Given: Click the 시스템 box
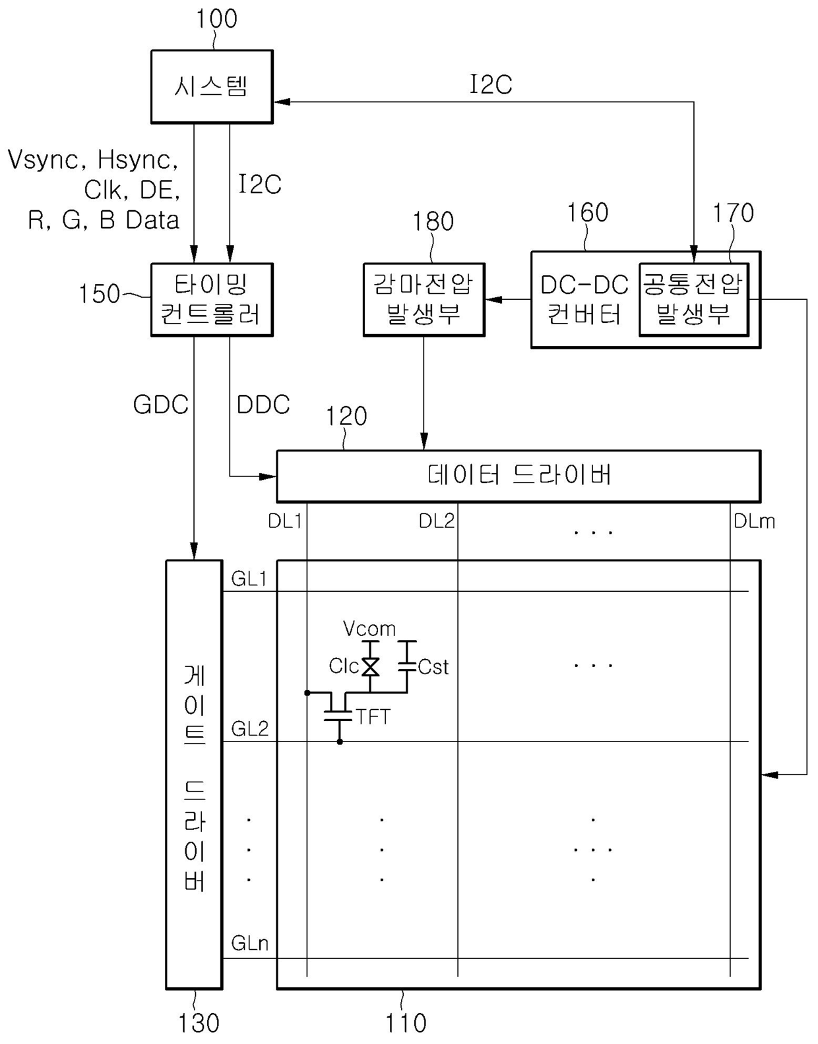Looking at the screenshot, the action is click(212, 87).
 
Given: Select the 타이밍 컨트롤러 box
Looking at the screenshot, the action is click(212, 300).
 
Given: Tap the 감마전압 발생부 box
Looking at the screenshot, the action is click(424, 300).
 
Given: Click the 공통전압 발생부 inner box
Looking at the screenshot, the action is click(694, 300).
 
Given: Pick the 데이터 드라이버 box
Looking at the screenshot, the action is click(519, 476).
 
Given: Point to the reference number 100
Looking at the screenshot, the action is click(216, 18).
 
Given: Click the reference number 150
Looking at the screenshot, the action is click(99, 293).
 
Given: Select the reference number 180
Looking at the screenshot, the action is click(433, 221).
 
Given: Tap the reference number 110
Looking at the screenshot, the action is click(406, 1023).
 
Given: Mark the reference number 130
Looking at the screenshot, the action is click(199, 1023).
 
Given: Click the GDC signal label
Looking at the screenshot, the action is click(160, 405).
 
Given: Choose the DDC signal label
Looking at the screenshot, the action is click(263, 405).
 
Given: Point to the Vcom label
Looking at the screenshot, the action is click(369, 628).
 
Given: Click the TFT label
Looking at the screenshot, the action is click(373, 717).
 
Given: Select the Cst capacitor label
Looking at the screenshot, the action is click(433, 667).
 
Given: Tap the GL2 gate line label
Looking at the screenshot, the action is click(249, 729).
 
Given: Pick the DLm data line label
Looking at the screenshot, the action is click(754, 521).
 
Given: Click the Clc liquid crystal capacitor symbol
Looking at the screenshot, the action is click(370, 666).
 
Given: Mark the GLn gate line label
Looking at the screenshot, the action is click(249, 943).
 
